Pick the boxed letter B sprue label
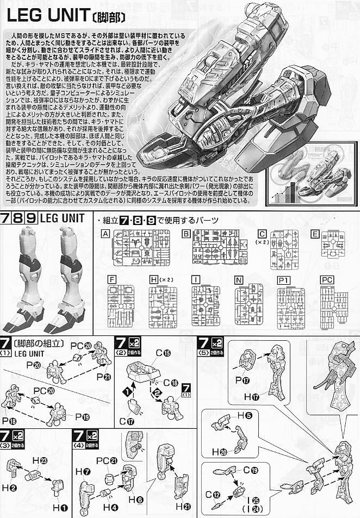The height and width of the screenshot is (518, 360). [x=185, y=234]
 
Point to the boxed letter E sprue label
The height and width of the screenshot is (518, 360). [x=314, y=234]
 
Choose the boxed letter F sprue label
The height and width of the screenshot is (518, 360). [x=113, y=280]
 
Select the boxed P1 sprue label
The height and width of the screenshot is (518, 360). [x=283, y=280]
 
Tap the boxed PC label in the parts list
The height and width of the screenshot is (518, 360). [x=327, y=280]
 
